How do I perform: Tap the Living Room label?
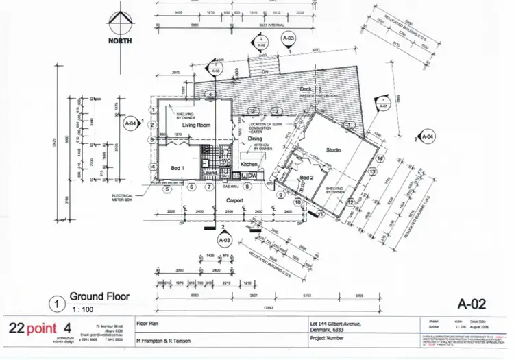click(x=195, y=126)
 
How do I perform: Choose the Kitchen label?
click(x=249, y=165)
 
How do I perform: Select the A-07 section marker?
click(x=383, y=106)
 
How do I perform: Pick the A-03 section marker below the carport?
click(x=223, y=241)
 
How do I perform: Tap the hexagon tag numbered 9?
click(x=280, y=194)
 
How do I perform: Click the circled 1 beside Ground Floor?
click(x=54, y=301)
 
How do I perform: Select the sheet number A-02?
click(x=472, y=302)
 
